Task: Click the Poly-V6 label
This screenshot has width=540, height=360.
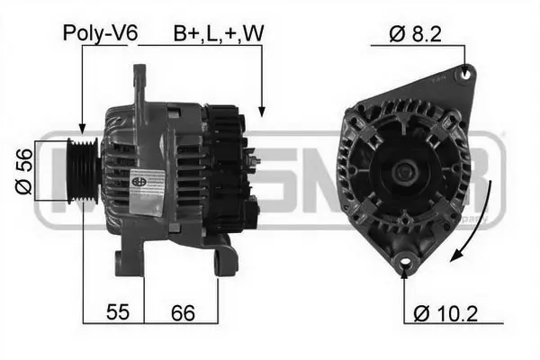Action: [x=100, y=33]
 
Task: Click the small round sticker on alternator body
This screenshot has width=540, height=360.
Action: [x=139, y=180]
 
